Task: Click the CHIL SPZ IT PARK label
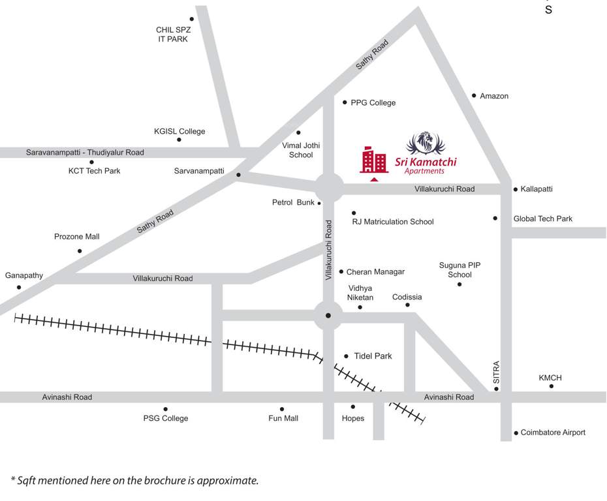(x=172, y=35)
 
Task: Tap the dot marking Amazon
(x=475, y=96)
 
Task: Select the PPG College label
(x=373, y=102)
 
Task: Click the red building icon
(x=374, y=160)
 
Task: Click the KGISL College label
(x=179, y=131)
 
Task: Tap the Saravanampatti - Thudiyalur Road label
(x=85, y=153)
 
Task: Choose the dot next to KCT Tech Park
(x=91, y=162)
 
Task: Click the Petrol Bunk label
(x=293, y=203)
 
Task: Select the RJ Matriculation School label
(x=393, y=222)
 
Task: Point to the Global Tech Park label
(x=543, y=219)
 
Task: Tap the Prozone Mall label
(x=77, y=237)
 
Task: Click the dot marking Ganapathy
(x=19, y=287)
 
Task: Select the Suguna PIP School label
(x=459, y=270)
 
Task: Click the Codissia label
(x=407, y=297)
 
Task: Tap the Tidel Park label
(x=373, y=356)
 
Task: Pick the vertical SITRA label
(x=496, y=372)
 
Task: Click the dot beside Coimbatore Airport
(x=516, y=433)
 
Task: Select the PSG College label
(x=166, y=418)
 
